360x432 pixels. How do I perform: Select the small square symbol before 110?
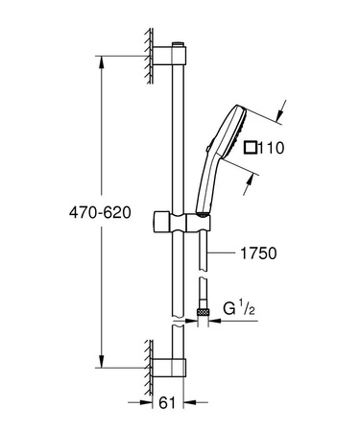pyautogui.click(x=252, y=148)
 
